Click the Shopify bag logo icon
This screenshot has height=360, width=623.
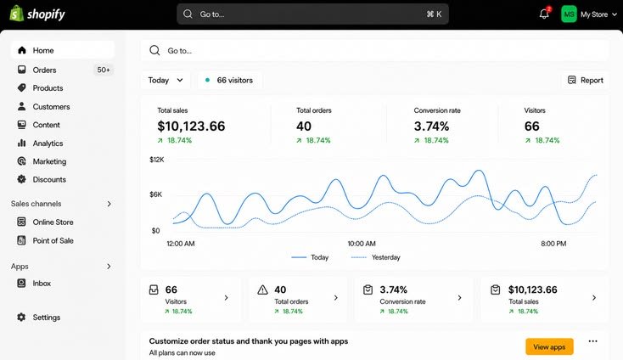[16, 14]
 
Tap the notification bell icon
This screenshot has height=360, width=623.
[544, 14]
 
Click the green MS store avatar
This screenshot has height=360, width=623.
[569, 14]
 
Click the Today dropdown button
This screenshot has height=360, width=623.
[166, 81]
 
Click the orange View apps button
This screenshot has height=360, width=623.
[549, 346]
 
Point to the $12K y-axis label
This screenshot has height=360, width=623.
[156, 160]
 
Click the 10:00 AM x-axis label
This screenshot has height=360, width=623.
[362, 244]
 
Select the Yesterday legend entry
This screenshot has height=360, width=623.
[375, 257]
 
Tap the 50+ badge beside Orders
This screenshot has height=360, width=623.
[104, 70]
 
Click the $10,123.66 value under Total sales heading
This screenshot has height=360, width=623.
[191, 127]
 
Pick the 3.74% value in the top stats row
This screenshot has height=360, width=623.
[431, 127]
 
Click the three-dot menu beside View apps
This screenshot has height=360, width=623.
[592, 341]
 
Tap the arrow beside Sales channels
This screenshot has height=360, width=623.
[109, 204]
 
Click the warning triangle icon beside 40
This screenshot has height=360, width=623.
[262, 290]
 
